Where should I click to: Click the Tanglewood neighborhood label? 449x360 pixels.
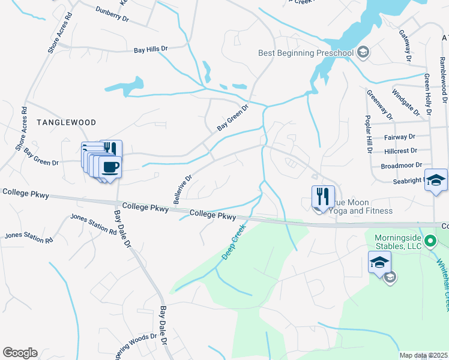point(66,122)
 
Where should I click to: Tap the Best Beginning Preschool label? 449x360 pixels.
point(306,53)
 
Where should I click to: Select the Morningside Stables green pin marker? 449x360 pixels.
point(430,242)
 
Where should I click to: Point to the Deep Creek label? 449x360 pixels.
point(234,242)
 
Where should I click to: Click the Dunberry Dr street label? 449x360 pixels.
point(112,14)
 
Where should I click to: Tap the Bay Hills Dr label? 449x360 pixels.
point(151,49)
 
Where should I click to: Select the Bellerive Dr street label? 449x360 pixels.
point(182,190)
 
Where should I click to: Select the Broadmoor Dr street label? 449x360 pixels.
point(402,165)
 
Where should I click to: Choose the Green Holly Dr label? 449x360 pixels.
point(427,94)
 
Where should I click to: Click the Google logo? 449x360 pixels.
point(20,353)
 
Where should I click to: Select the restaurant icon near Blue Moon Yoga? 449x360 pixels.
point(323,196)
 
